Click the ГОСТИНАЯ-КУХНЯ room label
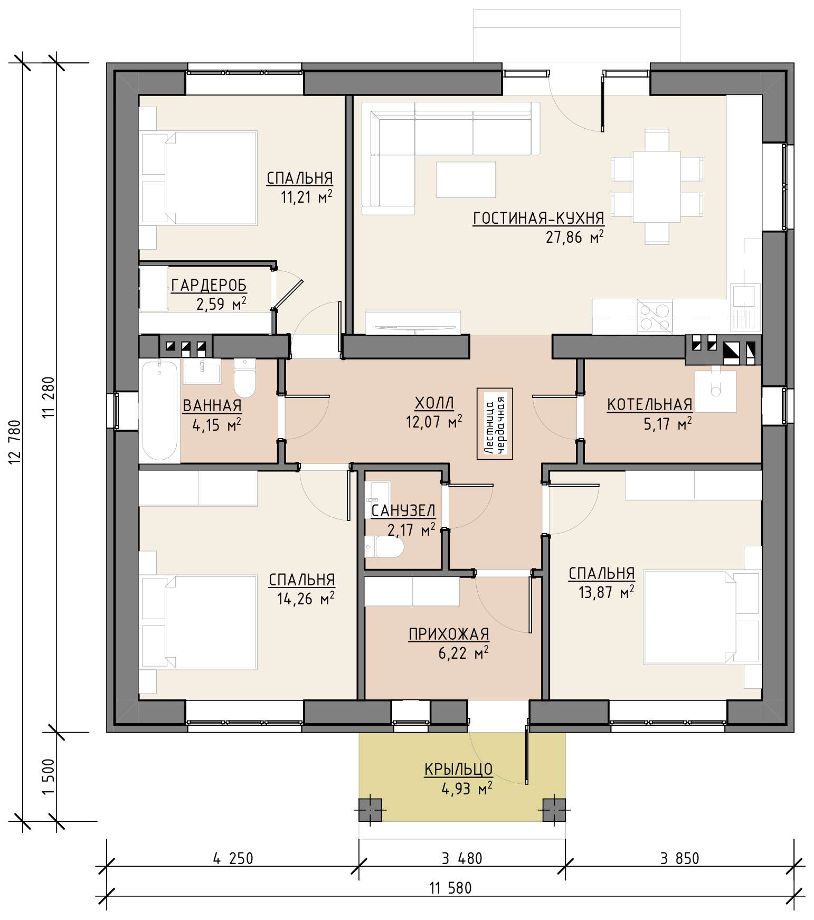538,218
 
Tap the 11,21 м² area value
307,197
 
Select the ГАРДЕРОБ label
209,286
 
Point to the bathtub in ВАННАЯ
159,410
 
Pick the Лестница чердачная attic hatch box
495,424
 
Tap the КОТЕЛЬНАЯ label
649,404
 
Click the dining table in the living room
657,186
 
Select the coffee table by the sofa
466,179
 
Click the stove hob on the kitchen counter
655,317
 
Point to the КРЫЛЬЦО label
458,769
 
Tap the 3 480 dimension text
462,859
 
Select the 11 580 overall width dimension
450,888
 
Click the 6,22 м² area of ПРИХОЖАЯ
463,653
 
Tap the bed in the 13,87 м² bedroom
702,616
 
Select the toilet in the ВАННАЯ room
244,377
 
